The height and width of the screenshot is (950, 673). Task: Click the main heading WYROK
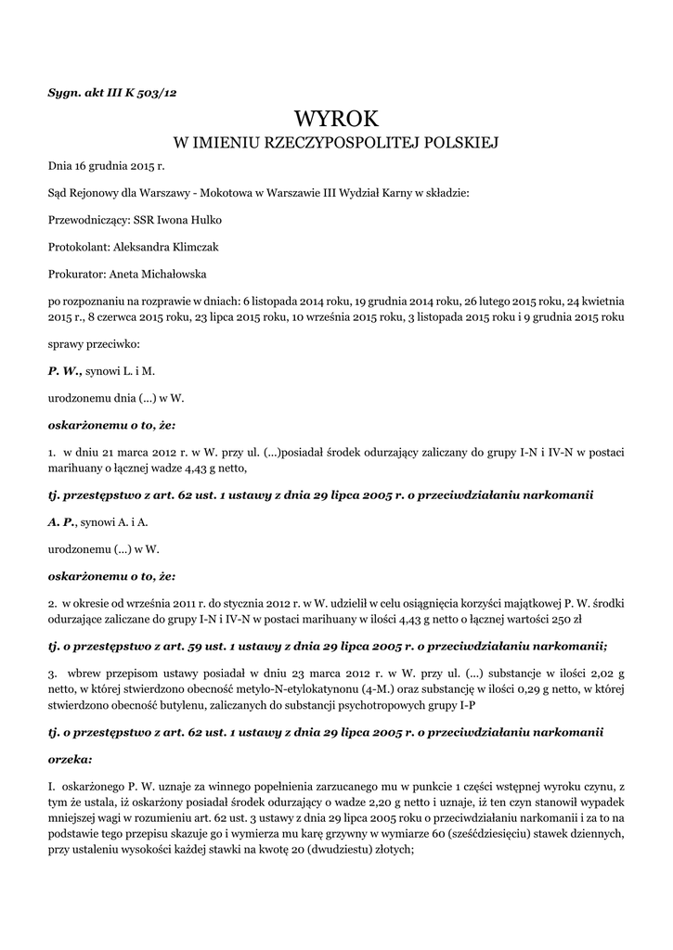click(x=336, y=118)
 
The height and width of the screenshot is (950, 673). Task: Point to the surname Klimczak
click(x=191, y=247)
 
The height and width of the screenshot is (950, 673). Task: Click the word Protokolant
click(x=78, y=247)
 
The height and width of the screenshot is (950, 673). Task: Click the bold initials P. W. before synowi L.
click(x=65, y=370)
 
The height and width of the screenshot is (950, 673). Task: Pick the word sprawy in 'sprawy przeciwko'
click(x=66, y=343)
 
